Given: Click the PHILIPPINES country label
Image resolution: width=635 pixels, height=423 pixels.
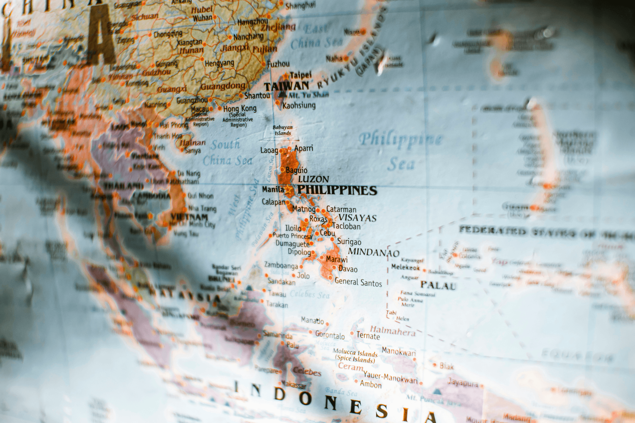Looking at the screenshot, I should point(337,190).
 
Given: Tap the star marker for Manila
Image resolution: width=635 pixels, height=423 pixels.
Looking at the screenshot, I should point(288,189).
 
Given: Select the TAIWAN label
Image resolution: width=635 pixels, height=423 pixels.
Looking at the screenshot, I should point(286,86).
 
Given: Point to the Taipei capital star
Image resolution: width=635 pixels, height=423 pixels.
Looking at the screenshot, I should point(286,76).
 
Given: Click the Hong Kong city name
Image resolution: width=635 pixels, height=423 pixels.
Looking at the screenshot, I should point(240,108).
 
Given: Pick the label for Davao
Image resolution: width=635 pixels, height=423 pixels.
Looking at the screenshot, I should point(348,269).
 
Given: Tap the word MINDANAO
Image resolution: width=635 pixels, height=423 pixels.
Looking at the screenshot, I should point(374,252).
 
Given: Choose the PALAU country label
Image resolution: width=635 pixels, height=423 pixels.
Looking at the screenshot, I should point(438,285).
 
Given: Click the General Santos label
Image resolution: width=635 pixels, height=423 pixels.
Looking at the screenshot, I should point(358,282).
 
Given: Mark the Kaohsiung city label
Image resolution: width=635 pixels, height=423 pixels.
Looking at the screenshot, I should point(299,105).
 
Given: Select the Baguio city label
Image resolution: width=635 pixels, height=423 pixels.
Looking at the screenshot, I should point(296,170).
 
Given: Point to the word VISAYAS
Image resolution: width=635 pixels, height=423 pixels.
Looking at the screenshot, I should point(357,218).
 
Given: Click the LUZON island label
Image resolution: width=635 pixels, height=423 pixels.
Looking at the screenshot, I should point(313,179).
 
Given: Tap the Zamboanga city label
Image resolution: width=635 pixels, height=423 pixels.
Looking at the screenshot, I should point(281,265).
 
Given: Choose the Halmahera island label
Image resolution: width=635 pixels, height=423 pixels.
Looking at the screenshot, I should point(393,331).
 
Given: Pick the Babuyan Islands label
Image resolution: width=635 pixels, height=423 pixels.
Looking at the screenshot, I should point(282,130).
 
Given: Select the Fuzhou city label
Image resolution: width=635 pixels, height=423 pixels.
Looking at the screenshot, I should point(278,64).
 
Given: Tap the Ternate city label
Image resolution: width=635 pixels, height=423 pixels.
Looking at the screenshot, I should point(368,336).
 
